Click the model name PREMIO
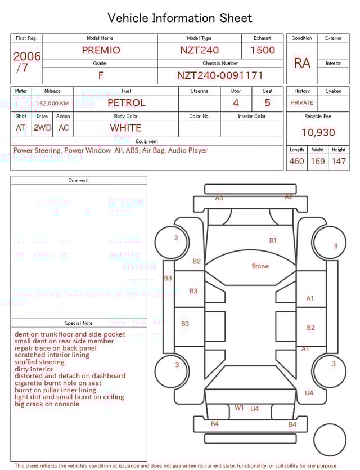(x=101, y=50)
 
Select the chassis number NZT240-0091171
(x=220, y=75)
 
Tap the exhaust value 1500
(x=262, y=50)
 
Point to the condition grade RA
(x=302, y=63)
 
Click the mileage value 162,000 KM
(x=52, y=104)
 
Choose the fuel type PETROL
(x=126, y=103)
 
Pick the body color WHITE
(x=126, y=128)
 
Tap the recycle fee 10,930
(x=318, y=133)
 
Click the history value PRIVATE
(x=302, y=103)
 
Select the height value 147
(x=339, y=162)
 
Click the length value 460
(x=296, y=162)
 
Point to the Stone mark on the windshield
(x=260, y=266)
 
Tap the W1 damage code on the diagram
(x=239, y=408)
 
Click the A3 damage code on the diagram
(x=219, y=198)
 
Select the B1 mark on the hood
(x=273, y=240)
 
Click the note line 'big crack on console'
(x=47, y=404)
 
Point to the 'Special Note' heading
(x=79, y=323)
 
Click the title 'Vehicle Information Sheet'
(x=180, y=18)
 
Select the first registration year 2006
(x=27, y=56)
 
